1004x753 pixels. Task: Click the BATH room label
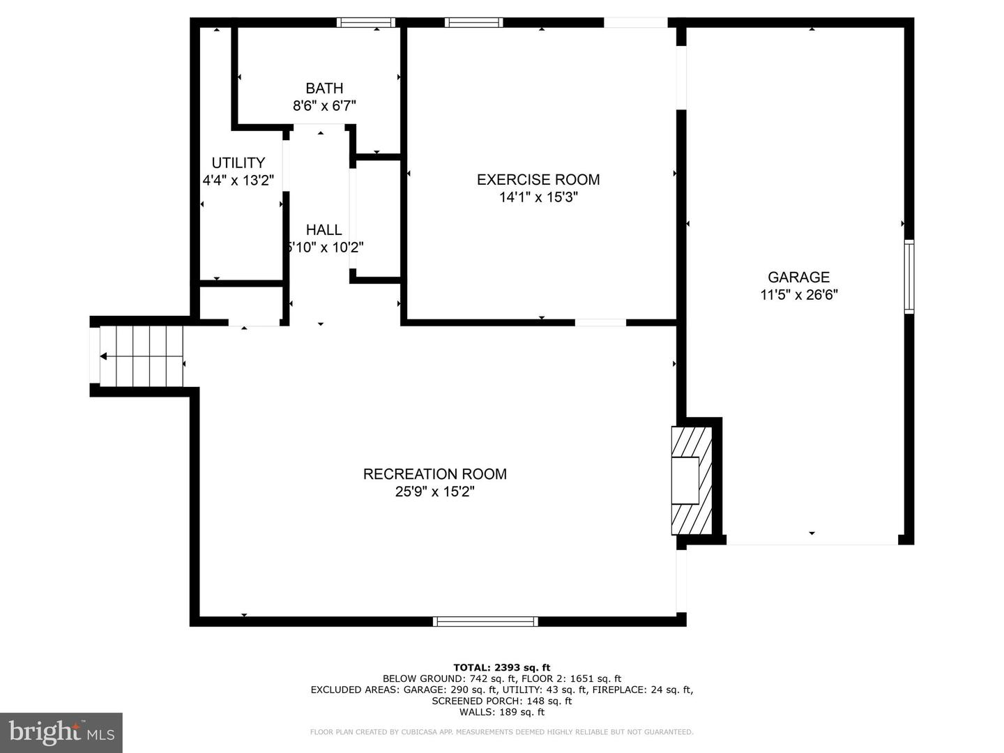pyautogui.click(x=324, y=89)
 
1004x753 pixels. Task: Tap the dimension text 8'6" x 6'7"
pyautogui.click(x=324, y=106)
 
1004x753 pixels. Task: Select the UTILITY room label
pyautogui.click(x=238, y=162)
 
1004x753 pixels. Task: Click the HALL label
pyautogui.click(x=324, y=229)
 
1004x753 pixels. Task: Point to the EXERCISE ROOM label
pyautogui.click(x=538, y=179)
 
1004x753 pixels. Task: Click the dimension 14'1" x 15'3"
pyautogui.click(x=538, y=197)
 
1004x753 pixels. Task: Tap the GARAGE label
pyautogui.click(x=798, y=277)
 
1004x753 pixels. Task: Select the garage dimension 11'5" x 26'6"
pyautogui.click(x=798, y=295)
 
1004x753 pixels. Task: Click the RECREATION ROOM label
pyautogui.click(x=435, y=474)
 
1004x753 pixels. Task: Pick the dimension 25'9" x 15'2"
pyautogui.click(x=435, y=492)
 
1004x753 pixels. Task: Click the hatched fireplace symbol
pyautogui.click(x=692, y=480)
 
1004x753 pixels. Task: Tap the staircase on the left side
pyautogui.click(x=142, y=356)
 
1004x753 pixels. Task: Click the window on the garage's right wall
pyautogui.click(x=909, y=276)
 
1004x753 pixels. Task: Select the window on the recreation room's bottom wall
pyautogui.click(x=485, y=621)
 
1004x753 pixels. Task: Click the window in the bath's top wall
pyautogui.click(x=366, y=22)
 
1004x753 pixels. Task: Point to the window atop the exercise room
pyautogui.click(x=474, y=22)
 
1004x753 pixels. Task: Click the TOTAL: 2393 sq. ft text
pyautogui.click(x=502, y=667)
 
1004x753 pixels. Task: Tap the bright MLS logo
pyautogui.click(x=61, y=732)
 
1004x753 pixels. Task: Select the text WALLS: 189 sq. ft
pyautogui.click(x=502, y=712)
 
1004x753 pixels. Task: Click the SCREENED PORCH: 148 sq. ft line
pyautogui.click(x=502, y=701)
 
